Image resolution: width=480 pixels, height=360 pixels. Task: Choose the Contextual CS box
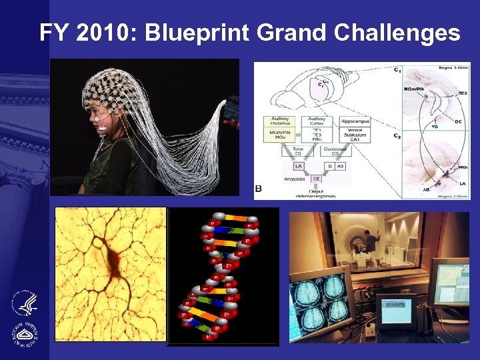click(335, 150)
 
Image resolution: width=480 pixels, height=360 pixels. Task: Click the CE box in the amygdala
click(315, 178)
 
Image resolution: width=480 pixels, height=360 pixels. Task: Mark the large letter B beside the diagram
click(259, 189)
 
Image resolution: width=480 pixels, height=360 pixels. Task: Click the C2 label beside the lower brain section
click(397, 137)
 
